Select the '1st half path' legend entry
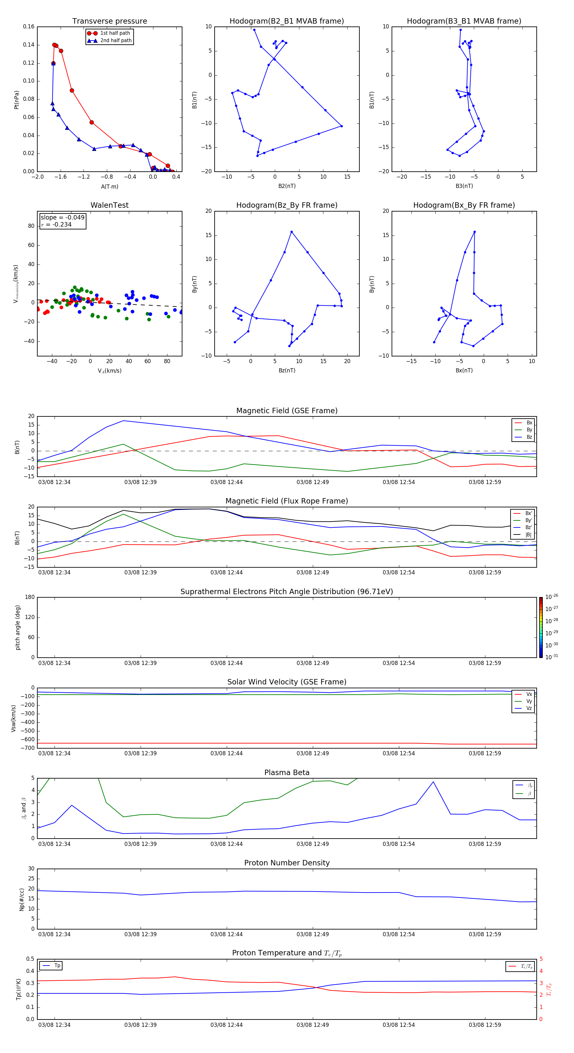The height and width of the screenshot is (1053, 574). pos(115,33)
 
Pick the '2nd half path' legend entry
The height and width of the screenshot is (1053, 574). pos(116,41)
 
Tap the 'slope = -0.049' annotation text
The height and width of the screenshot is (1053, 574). pos(63,218)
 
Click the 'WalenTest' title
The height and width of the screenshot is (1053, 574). pos(109,205)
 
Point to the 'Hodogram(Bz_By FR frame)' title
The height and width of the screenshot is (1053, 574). pos(287,205)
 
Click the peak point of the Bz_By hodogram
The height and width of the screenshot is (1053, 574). pos(291,232)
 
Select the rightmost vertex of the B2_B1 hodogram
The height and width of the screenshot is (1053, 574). pos(342,126)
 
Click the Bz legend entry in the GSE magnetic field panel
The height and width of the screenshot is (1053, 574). pos(529,437)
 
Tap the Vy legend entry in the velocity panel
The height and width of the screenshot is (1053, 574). pos(529,701)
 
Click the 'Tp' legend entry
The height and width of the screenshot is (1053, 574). pos(57,966)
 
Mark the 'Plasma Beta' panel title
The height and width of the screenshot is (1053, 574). pos(287,773)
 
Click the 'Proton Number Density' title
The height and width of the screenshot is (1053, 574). pos(287,863)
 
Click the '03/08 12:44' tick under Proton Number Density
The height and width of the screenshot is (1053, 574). pos(226,934)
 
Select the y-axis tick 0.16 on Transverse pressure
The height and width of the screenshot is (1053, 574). pos(29,26)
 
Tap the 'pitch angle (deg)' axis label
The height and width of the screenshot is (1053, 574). pos(18,627)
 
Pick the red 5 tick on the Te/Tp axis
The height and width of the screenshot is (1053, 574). pos(541,959)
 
